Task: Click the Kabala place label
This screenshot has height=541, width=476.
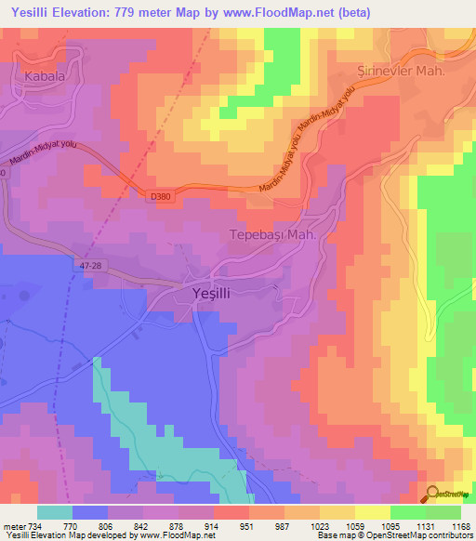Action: point(46,77)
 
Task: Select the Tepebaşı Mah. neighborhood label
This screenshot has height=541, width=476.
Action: point(274,235)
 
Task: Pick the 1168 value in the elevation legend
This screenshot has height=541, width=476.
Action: point(460,525)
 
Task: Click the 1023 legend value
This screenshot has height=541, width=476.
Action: point(319,525)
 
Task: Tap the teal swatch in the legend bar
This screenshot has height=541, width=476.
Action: point(55,512)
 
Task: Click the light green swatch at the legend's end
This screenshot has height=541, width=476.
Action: point(443,512)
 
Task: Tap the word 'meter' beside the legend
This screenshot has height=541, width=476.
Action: point(13,525)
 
